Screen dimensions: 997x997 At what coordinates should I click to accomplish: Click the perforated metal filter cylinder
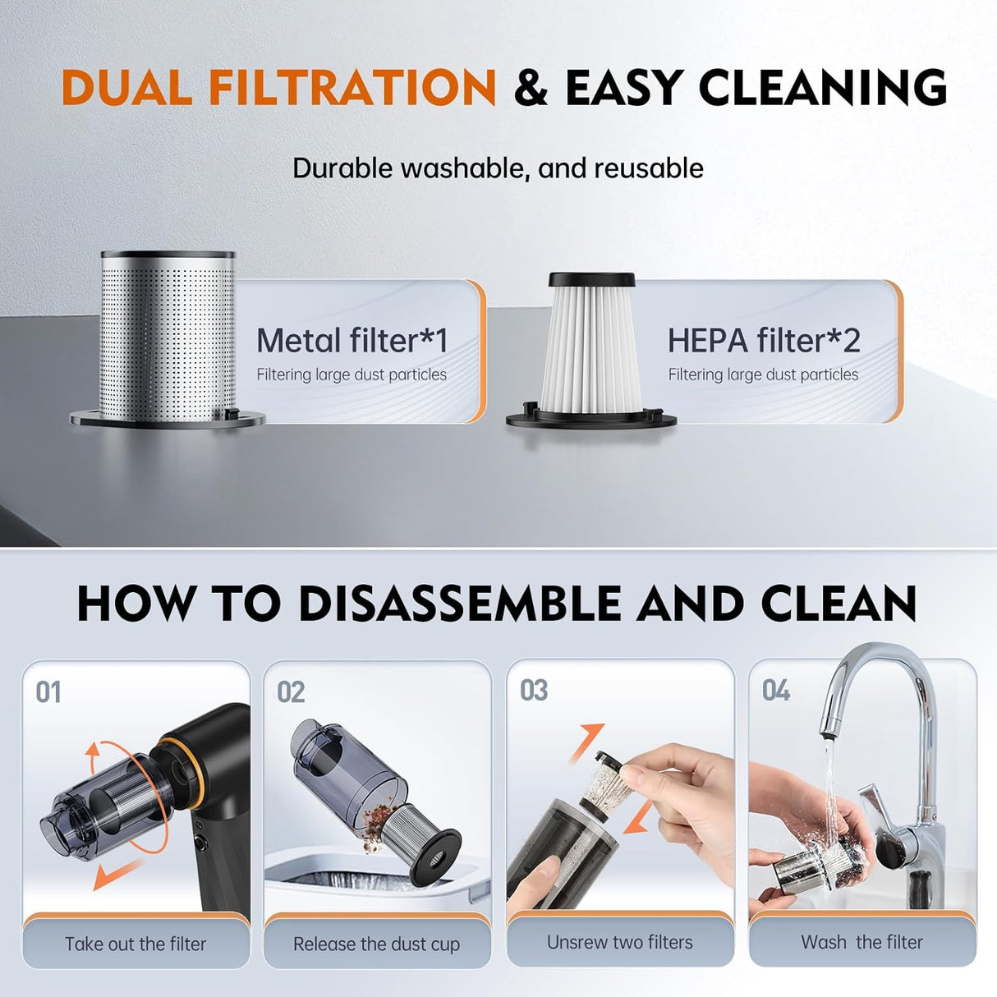167,339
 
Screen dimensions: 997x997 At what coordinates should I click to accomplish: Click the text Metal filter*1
351,341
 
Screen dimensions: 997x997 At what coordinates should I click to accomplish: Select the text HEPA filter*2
764,341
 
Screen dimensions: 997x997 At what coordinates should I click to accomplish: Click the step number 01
48,692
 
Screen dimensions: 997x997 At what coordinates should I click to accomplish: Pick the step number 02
291,692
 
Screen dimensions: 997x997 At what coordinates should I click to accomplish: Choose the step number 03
534,690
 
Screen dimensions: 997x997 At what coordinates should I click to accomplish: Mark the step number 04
776,690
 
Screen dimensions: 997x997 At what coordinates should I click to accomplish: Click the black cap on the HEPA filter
591,280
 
